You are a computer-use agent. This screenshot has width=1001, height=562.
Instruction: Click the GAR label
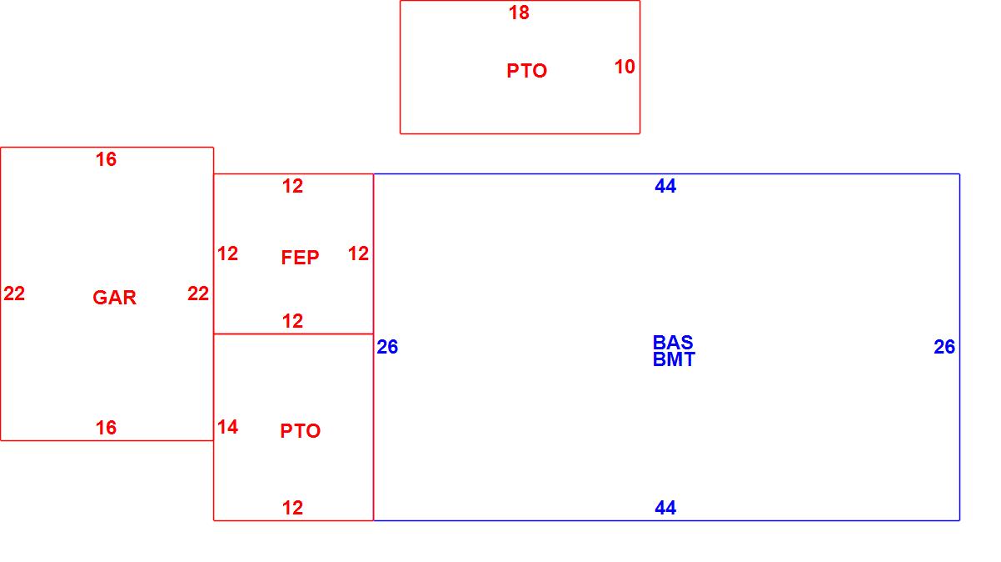pos(114,298)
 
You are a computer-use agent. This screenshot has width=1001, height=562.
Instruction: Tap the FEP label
pos(300,258)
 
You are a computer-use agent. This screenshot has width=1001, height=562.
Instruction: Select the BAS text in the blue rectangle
pos(673,343)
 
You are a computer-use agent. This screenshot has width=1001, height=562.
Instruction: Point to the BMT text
pos(674,360)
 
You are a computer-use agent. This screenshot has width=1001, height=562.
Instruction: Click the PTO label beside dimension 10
pos(526,71)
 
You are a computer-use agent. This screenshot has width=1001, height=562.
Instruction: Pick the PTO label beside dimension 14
pos(300,431)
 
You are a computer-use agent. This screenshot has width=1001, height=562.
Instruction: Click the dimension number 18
pos(519,13)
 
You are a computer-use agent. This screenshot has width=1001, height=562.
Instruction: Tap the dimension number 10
pos(625,67)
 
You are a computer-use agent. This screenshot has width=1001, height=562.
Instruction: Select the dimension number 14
pos(227,428)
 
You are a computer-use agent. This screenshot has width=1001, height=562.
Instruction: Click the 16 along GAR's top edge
pos(106,159)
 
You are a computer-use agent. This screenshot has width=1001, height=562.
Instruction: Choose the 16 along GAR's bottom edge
pos(106,428)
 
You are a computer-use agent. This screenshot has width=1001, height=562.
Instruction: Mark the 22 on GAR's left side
pos(14,294)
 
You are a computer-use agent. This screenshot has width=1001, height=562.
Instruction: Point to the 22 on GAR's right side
pos(198,294)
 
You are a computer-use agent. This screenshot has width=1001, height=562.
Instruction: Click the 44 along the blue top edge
pos(665,187)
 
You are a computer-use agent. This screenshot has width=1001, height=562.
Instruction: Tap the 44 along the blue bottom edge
pos(665,508)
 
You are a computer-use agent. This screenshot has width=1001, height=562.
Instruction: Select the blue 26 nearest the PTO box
pos(387,347)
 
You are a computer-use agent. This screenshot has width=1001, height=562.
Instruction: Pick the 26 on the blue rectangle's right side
pos(944,347)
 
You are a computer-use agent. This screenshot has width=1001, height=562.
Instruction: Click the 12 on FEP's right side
pos(358,253)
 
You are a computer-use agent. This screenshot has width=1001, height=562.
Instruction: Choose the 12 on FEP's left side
pos(227,253)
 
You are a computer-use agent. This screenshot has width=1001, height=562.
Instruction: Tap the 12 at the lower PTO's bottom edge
pos(292,508)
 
